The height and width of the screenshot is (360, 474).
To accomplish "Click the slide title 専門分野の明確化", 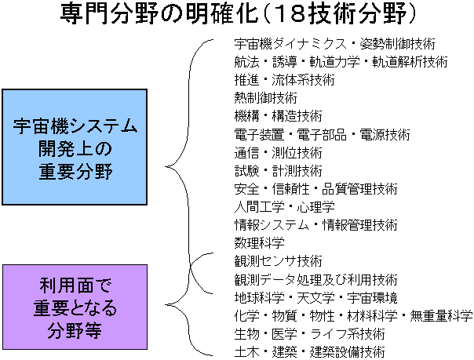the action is click(x=159, y=14).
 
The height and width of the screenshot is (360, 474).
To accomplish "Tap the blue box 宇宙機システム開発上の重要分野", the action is click(x=75, y=147).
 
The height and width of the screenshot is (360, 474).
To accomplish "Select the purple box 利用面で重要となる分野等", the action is click(x=75, y=307).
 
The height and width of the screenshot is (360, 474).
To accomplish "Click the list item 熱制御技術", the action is click(x=266, y=98).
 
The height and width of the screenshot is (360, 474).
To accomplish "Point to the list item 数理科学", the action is click(x=260, y=243).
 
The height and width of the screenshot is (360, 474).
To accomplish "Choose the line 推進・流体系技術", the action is click(x=284, y=80).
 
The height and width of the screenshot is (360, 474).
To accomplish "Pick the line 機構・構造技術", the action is click(x=278, y=116).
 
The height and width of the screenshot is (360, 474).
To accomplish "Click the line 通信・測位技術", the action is click(x=278, y=152).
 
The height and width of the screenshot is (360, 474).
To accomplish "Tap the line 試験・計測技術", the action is click(x=278, y=171).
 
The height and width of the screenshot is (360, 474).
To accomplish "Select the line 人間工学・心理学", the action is click(x=284, y=207).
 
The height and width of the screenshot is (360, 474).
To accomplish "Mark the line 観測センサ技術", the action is click(x=278, y=261).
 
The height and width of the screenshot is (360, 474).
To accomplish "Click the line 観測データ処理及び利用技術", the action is click(x=316, y=280).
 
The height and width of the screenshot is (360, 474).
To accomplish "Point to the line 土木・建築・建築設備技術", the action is click(x=309, y=352).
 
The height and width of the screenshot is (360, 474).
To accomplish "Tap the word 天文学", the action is click(x=316, y=298).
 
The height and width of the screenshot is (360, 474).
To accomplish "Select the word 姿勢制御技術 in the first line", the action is click(x=398, y=44).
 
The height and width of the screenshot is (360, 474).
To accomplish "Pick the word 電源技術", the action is click(x=385, y=134).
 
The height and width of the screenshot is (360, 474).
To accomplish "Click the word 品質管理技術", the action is click(x=359, y=189).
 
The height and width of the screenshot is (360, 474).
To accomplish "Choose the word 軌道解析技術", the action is click(x=410, y=62).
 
